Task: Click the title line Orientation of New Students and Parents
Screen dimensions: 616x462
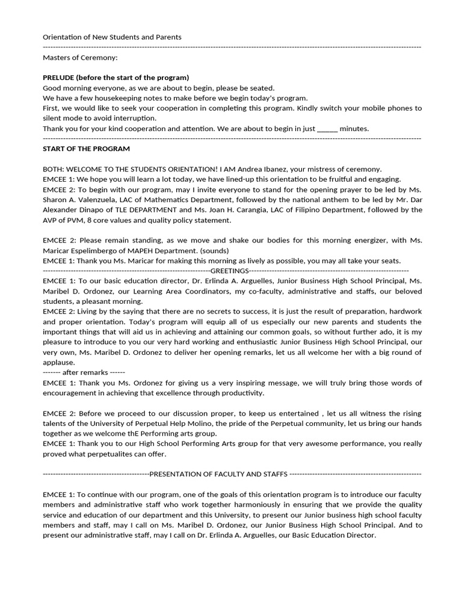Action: [112, 37]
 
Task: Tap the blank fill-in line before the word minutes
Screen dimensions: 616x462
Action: [327, 128]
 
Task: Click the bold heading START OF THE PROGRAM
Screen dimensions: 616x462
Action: [86, 149]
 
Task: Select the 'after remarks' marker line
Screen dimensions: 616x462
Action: [84, 372]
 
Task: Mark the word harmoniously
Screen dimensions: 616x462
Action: [251, 505]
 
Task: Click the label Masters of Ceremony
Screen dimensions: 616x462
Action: [81, 57]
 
